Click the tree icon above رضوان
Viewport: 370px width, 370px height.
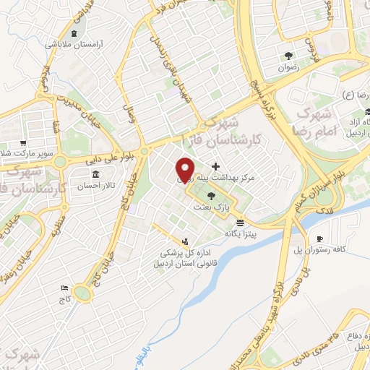288,56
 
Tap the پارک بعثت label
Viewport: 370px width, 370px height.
210,207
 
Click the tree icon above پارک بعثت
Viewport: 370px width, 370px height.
211,196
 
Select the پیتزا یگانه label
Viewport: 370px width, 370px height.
241,233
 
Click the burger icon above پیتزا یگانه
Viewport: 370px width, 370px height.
241,223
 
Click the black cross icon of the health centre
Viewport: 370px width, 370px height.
215,167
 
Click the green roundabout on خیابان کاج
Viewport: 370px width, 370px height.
85,292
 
